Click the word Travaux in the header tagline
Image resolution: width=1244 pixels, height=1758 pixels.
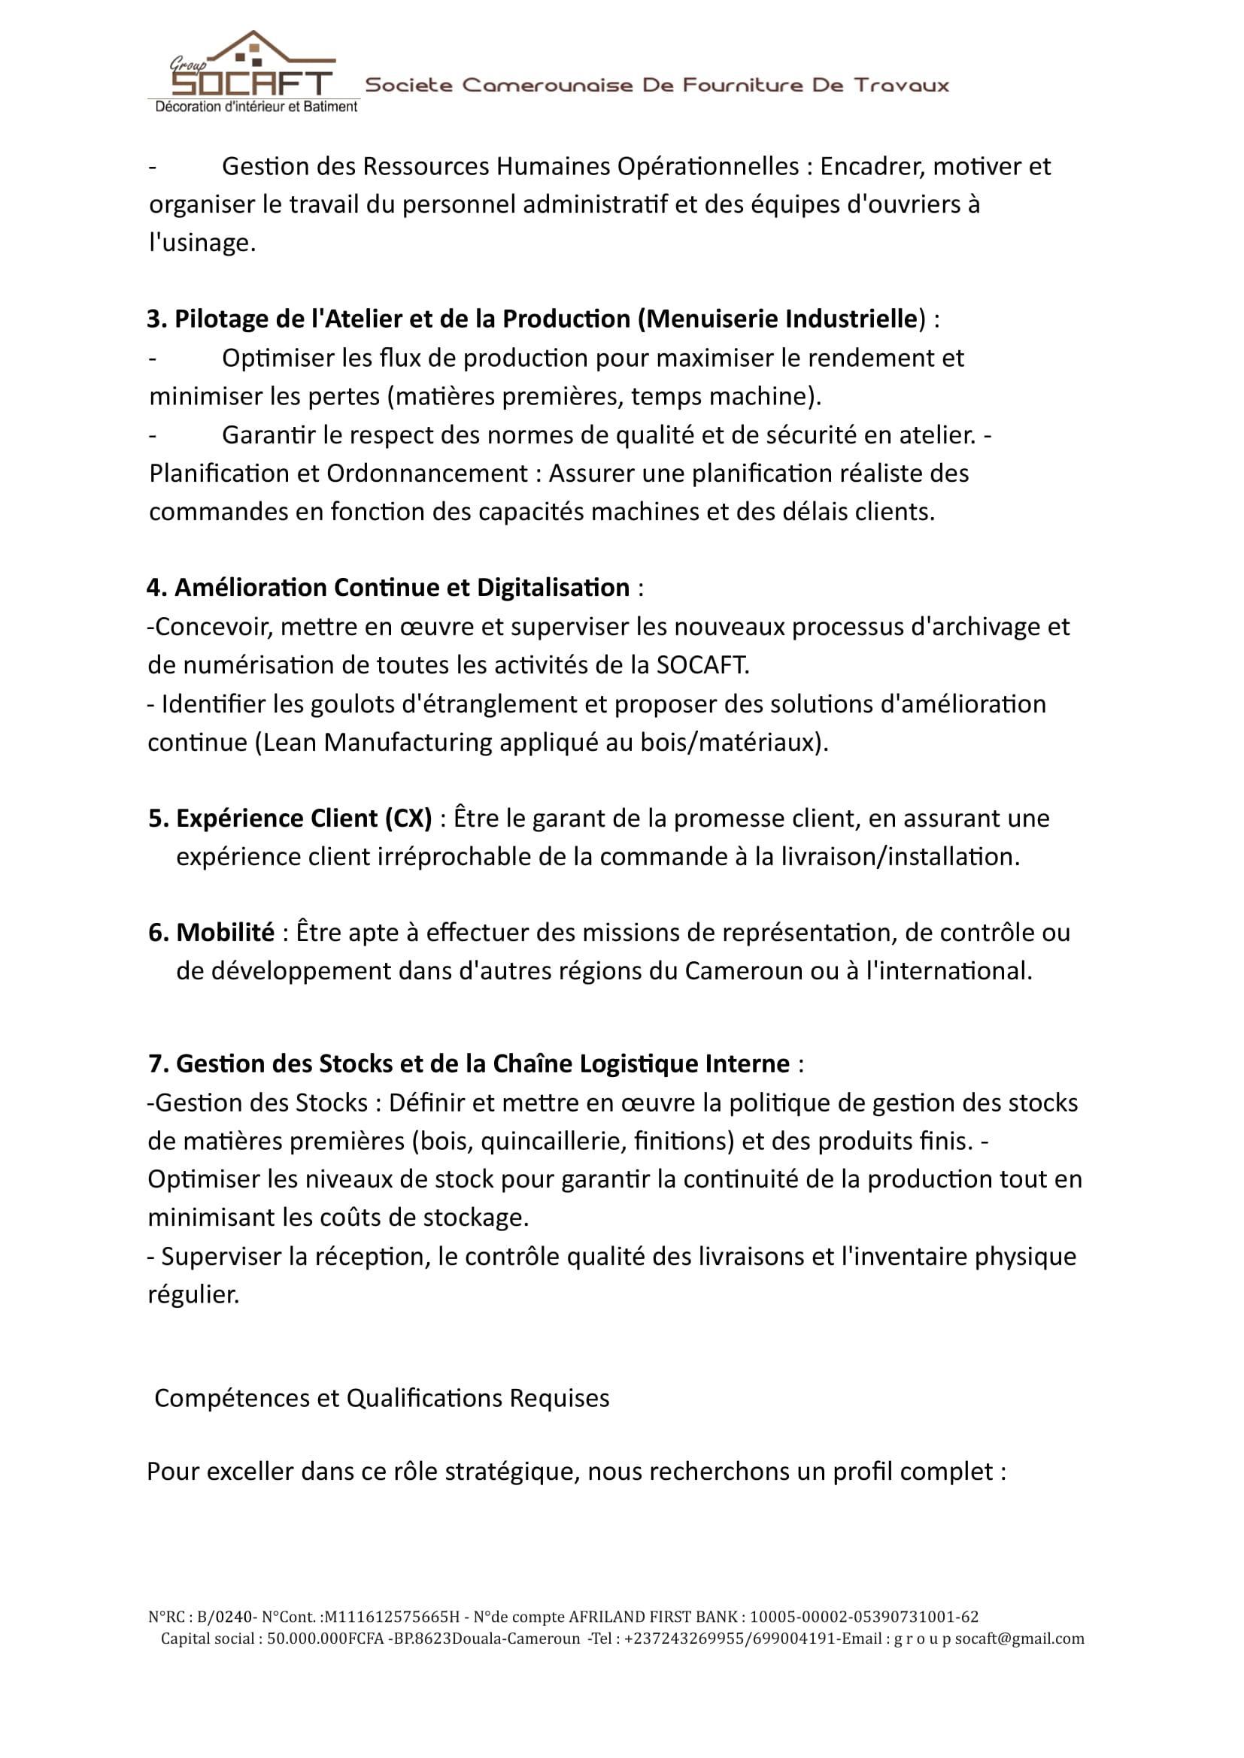902,85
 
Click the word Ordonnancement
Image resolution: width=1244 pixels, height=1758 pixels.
427,474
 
